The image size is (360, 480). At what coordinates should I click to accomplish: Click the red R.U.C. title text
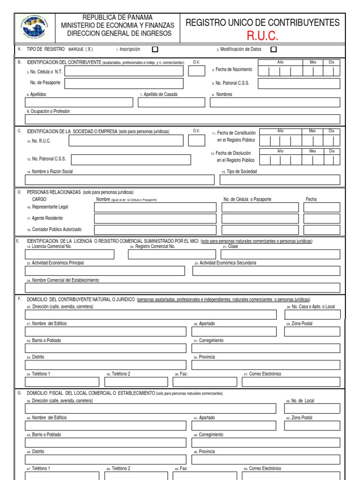pyautogui.click(x=262, y=36)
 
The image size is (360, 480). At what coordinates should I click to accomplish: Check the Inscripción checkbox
pyautogui.click(x=155, y=49)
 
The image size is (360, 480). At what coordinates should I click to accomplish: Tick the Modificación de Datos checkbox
pyautogui.click(x=274, y=49)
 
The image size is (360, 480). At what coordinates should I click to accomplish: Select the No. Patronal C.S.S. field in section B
pyautogui.click(x=299, y=83)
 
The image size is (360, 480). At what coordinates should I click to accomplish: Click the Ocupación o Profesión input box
pyautogui.click(x=182, y=119)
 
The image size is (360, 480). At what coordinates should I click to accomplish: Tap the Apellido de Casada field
pyautogui.click(x=172, y=102)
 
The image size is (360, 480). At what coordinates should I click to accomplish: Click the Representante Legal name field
pyautogui.click(x=155, y=207)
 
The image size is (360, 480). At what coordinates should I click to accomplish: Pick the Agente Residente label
pyautogui.click(x=47, y=218)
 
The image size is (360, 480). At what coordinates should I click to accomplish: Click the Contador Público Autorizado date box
pyautogui.click(x=322, y=230)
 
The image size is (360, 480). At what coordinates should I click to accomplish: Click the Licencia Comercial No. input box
pyautogui.click(x=69, y=254)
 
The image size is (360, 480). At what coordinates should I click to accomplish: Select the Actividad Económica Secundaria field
pyautogui.click(x=266, y=271)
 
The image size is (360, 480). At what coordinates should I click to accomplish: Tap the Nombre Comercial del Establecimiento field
pyautogui.click(x=182, y=288)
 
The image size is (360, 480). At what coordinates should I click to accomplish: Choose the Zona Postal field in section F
pyautogui.click(x=312, y=331)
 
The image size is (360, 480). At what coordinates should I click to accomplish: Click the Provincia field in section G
pyautogui.click(x=266, y=459)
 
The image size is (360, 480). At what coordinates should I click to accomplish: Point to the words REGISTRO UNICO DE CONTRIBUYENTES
pyautogui.click(x=262, y=22)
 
